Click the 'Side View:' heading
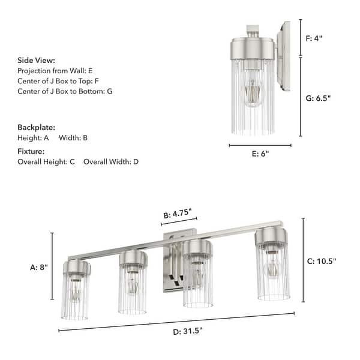tap(37, 61)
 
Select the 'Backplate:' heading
tap(37, 128)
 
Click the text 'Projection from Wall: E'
tap(55, 71)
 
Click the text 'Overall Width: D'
tap(111, 162)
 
